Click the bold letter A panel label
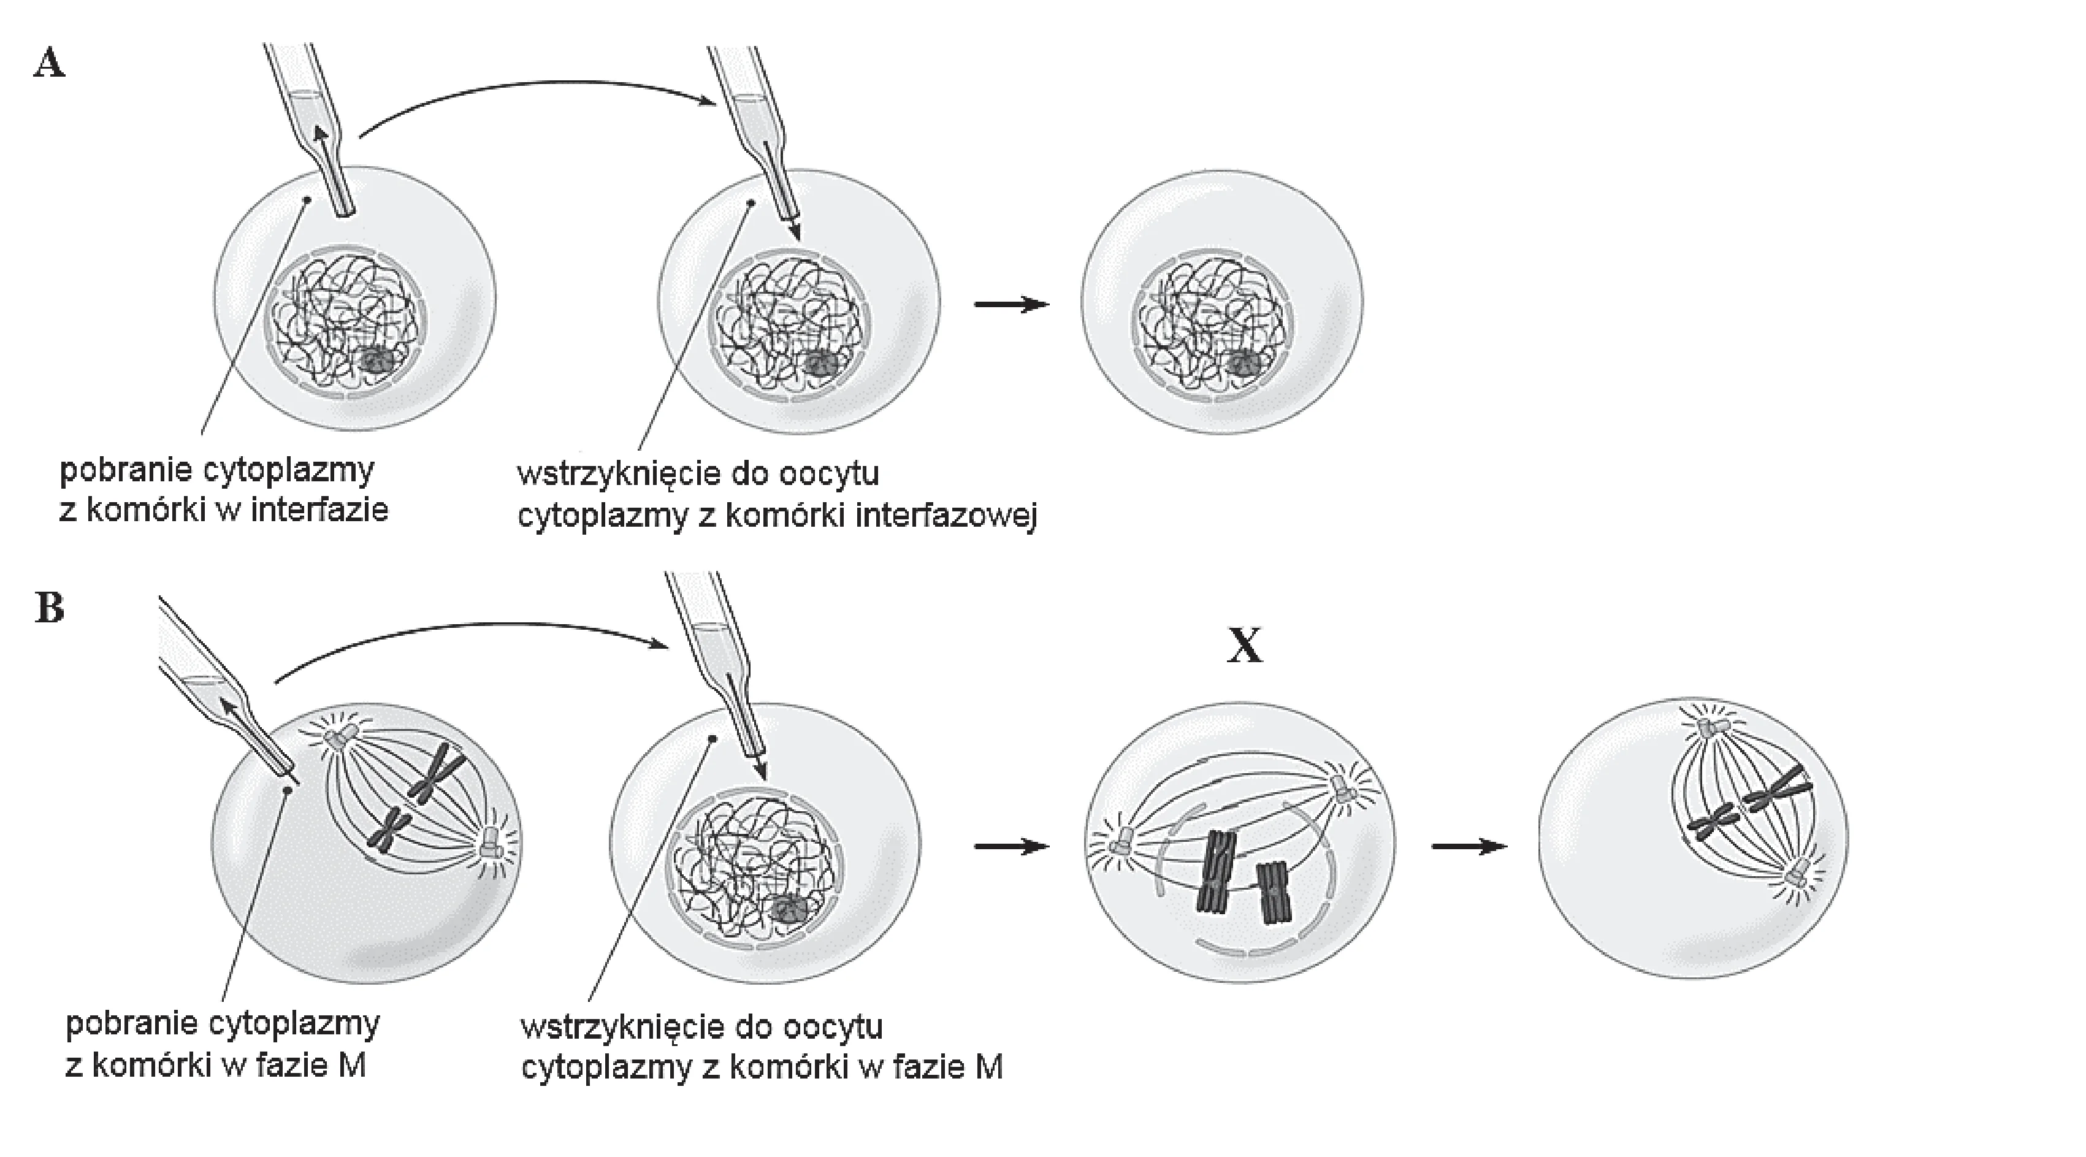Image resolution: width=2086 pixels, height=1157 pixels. [50, 63]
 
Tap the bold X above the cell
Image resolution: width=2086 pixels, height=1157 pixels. [1245, 645]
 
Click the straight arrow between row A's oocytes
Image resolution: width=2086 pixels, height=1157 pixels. [1011, 305]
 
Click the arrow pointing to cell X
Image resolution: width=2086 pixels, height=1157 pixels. [1011, 847]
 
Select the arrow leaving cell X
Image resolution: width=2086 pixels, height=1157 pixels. [1469, 847]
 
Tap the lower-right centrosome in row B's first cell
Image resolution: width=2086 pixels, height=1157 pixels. [491, 844]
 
